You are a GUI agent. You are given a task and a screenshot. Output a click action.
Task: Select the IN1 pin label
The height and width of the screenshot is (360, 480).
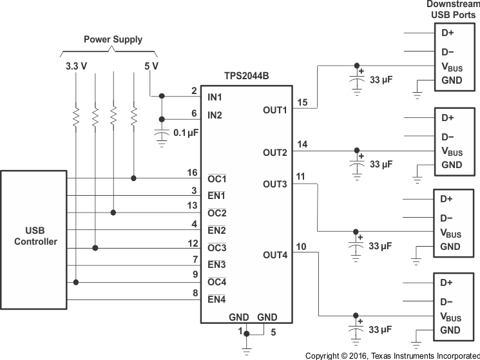(215, 97)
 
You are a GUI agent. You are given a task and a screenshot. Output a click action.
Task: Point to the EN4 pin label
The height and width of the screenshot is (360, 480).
(216, 299)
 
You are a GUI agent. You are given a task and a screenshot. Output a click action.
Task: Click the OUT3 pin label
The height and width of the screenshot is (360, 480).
(274, 184)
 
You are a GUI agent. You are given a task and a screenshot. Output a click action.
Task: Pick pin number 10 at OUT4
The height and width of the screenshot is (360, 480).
(302, 247)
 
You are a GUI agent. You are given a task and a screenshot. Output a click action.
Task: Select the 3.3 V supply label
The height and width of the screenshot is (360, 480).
(76, 66)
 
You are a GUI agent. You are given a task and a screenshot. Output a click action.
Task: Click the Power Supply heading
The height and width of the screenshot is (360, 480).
(113, 39)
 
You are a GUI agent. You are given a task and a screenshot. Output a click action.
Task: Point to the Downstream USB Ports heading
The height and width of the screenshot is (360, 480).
(453, 10)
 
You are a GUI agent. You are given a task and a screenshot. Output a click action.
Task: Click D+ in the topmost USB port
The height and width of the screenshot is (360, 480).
(447, 32)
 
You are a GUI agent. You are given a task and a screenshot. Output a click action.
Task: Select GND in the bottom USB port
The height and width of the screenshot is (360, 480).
(450, 330)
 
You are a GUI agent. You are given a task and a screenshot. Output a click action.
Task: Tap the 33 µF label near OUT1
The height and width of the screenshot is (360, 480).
(381, 81)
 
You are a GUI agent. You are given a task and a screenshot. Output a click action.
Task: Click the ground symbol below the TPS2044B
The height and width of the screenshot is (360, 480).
(245, 351)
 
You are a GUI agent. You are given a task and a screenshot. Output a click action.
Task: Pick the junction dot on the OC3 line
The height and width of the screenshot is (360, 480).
(95, 247)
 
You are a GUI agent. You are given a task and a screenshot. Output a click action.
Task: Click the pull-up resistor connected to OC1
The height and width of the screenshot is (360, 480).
(133, 117)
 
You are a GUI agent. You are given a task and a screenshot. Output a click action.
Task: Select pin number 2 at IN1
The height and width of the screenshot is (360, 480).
(194, 91)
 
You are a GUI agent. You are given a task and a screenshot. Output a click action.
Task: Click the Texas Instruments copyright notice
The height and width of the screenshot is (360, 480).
(392, 355)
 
